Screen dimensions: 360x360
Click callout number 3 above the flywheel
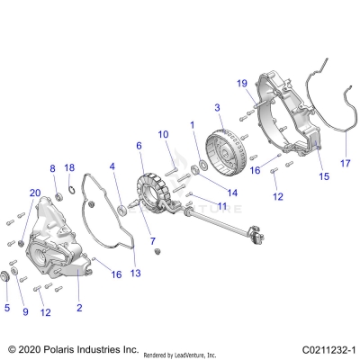pyautogui.click(x=217, y=108)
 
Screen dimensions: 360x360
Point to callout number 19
pyautogui.click(x=242, y=84)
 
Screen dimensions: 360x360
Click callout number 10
pyautogui.click(x=164, y=134)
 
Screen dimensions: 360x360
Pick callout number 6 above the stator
pyautogui.click(x=139, y=144)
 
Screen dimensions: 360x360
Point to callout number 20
pyautogui.click(x=35, y=193)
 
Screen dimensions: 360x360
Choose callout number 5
pyautogui.click(x=8, y=308)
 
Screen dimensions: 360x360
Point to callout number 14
pyautogui.click(x=206, y=193)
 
